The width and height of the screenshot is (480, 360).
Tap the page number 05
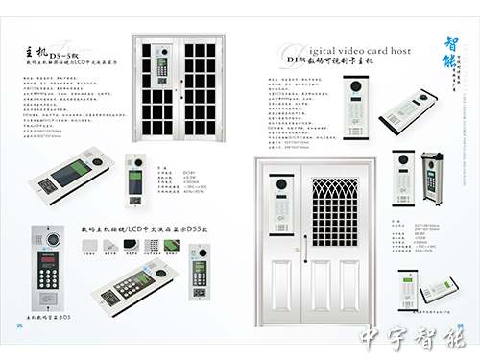[19, 324]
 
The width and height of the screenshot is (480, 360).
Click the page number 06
[460, 324]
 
